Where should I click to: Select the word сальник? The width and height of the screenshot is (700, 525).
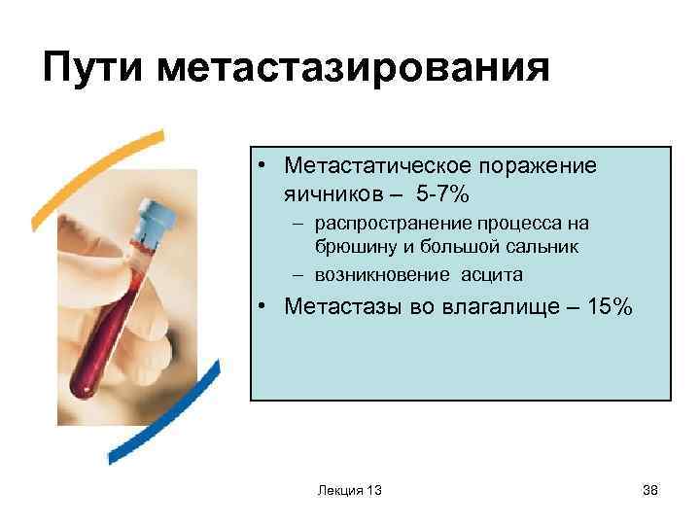click(x=545, y=246)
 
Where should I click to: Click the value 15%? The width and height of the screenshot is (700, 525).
click(x=608, y=307)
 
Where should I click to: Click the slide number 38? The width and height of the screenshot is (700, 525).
click(x=650, y=490)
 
